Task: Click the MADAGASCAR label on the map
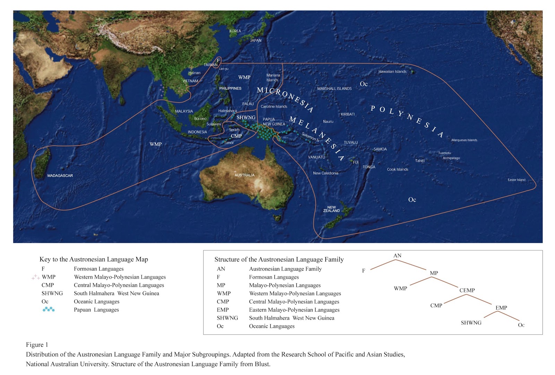click(60, 176)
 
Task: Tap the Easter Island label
click(516, 180)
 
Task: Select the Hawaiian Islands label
click(392, 72)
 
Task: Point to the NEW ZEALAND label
click(332, 209)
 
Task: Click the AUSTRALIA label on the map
click(245, 175)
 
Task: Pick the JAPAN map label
click(256, 41)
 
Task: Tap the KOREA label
click(235, 31)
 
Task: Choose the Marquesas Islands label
click(464, 140)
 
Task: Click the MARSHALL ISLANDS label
click(334, 89)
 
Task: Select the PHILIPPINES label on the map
click(230, 89)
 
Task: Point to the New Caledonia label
click(325, 173)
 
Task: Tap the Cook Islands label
click(398, 169)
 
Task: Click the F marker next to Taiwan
click(218, 60)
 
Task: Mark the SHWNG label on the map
click(246, 118)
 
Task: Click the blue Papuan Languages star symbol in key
click(49, 309)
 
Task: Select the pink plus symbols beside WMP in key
click(35, 277)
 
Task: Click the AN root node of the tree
click(397, 256)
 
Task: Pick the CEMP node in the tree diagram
click(467, 290)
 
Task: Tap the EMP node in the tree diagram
click(501, 308)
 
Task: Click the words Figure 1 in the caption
click(37, 345)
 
